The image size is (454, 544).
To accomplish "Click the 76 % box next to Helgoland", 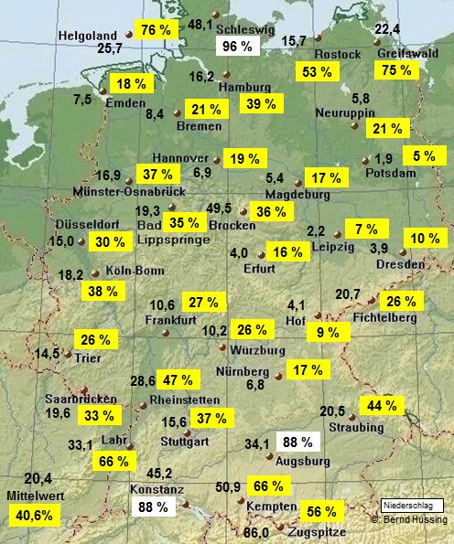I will tap(157, 30).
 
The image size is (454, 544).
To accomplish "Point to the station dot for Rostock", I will tap(318, 39).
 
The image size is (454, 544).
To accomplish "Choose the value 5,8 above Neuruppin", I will tap(361, 98).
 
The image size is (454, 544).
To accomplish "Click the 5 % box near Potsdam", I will tap(424, 156).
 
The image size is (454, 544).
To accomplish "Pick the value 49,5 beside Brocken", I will tap(219, 208).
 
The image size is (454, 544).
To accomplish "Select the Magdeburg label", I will tap(297, 195).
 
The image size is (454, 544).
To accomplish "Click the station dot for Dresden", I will tap(404, 252).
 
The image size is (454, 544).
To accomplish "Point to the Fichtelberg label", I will tap(384, 316).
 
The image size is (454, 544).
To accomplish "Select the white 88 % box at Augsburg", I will tap(296, 442).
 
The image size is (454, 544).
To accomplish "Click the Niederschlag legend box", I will tap(411, 505).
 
